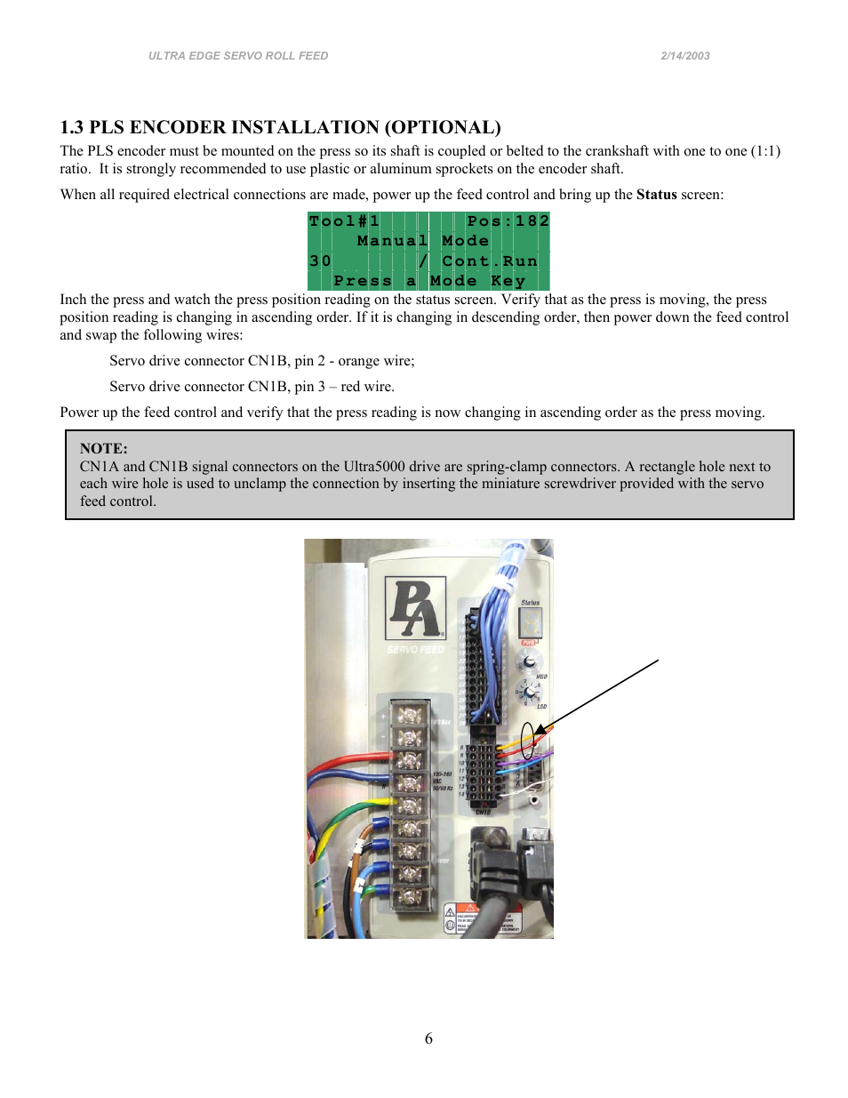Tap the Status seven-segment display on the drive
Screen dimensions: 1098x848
pos(530,622)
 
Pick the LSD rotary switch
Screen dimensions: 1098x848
pos(529,692)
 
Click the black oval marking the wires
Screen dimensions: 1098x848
pos(528,741)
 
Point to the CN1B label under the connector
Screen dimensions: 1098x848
pos(483,812)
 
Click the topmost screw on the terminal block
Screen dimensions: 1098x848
pos(409,716)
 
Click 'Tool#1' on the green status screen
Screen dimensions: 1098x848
pos(344,221)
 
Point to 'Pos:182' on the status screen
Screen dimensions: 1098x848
pos(508,221)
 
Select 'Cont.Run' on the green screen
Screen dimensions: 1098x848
pos(490,261)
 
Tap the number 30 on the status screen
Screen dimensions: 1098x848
pos(320,261)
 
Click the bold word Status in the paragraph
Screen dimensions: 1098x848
pos(656,195)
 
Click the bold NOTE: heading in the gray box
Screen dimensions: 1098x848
pos(104,449)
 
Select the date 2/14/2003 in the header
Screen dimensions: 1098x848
pos(684,56)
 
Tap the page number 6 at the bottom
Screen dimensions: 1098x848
pos(428,1038)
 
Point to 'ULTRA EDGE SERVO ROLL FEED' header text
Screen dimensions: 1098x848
pos(238,56)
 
